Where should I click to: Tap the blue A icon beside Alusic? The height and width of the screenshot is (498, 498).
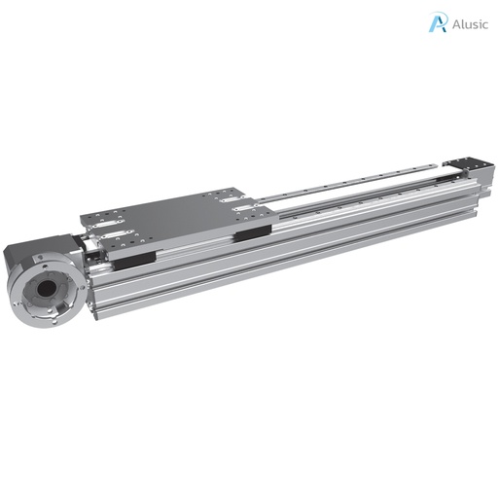(439, 22)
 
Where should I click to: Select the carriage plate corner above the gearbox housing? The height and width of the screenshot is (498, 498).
(82, 217)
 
